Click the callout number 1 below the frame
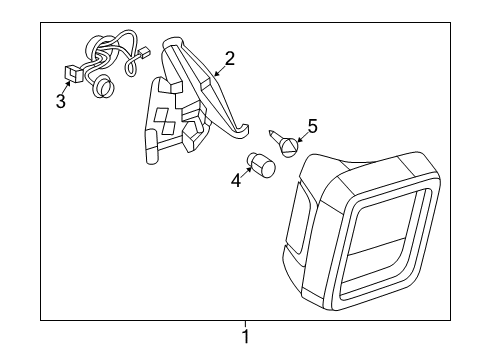click(x=244, y=337)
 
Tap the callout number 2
click(x=229, y=59)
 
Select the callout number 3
click(x=60, y=102)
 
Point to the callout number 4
click(x=236, y=181)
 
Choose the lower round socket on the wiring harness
click(x=101, y=89)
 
